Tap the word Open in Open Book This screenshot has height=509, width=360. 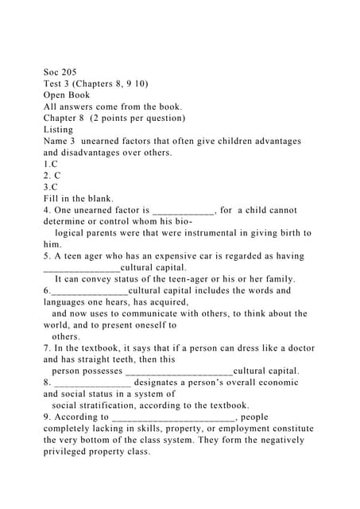[x=56, y=95]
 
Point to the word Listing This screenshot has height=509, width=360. [x=58, y=130]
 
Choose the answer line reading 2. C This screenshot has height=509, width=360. [x=52, y=176]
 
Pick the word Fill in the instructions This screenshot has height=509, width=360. [x=53, y=199]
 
